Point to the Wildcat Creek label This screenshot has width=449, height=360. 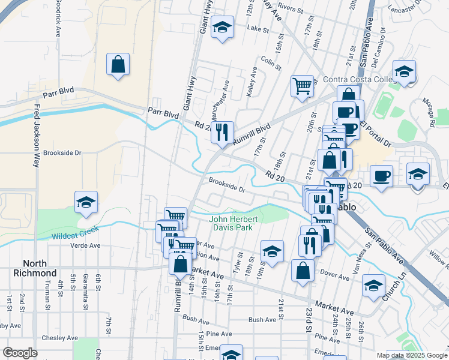75,236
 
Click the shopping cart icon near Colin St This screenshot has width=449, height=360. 301,85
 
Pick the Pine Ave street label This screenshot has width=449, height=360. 218,334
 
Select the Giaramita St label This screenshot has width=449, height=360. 86,298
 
